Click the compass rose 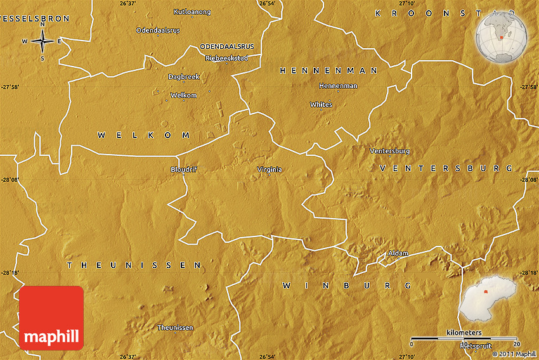(42, 42)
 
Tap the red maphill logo (51, 318)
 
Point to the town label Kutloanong (192, 11)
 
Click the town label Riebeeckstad (226, 58)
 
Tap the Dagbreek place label (184, 77)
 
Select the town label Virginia (269, 169)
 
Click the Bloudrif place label (184, 169)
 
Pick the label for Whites (321, 104)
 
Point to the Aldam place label (398, 253)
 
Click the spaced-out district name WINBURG (347, 286)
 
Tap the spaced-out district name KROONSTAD (444, 13)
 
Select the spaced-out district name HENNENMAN (328, 70)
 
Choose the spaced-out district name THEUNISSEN (134, 265)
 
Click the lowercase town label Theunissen (175, 328)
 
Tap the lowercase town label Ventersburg (389, 151)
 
